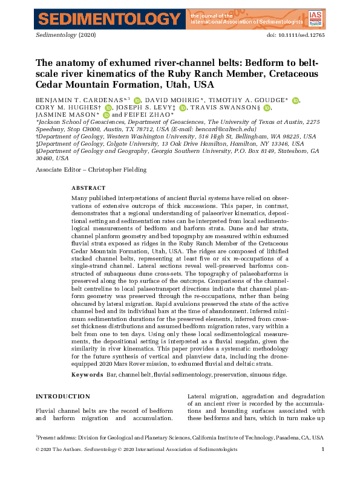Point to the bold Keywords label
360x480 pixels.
[x=87, y=375]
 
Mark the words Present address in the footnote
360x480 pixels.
[x=57, y=437]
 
